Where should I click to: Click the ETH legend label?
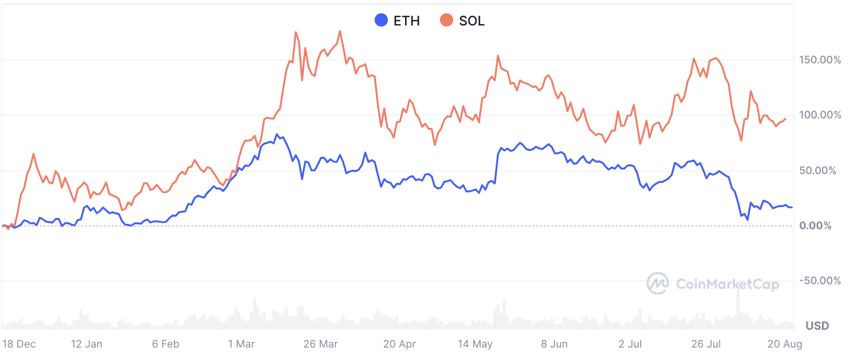pyautogui.click(x=406, y=21)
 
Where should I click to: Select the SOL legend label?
pyautogui.click(x=471, y=21)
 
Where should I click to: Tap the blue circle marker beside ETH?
pyautogui.click(x=381, y=21)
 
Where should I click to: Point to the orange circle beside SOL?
pyautogui.click(x=447, y=21)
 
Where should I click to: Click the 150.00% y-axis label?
pyautogui.click(x=820, y=60)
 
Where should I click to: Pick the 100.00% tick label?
pyautogui.click(x=820, y=115)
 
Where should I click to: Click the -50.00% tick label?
pyautogui.click(x=820, y=281)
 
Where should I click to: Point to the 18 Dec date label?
pyautogui.click(x=18, y=344)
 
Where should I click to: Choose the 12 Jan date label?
pyautogui.click(x=86, y=344)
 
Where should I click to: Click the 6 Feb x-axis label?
pyautogui.click(x=165, y=344)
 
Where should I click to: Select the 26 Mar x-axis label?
pyautogui.click(x=320, y=344)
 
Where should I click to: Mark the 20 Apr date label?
pyautogui.click(x=399, y=344)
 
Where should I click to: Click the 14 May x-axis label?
pyautogui.click(x=475, y=344)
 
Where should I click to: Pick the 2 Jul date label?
pyautogui.click(x=630, y=344)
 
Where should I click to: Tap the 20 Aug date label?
pyautogui.click(x=785, y=344)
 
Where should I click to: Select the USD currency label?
pyautogui.click(x=817, y=326)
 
